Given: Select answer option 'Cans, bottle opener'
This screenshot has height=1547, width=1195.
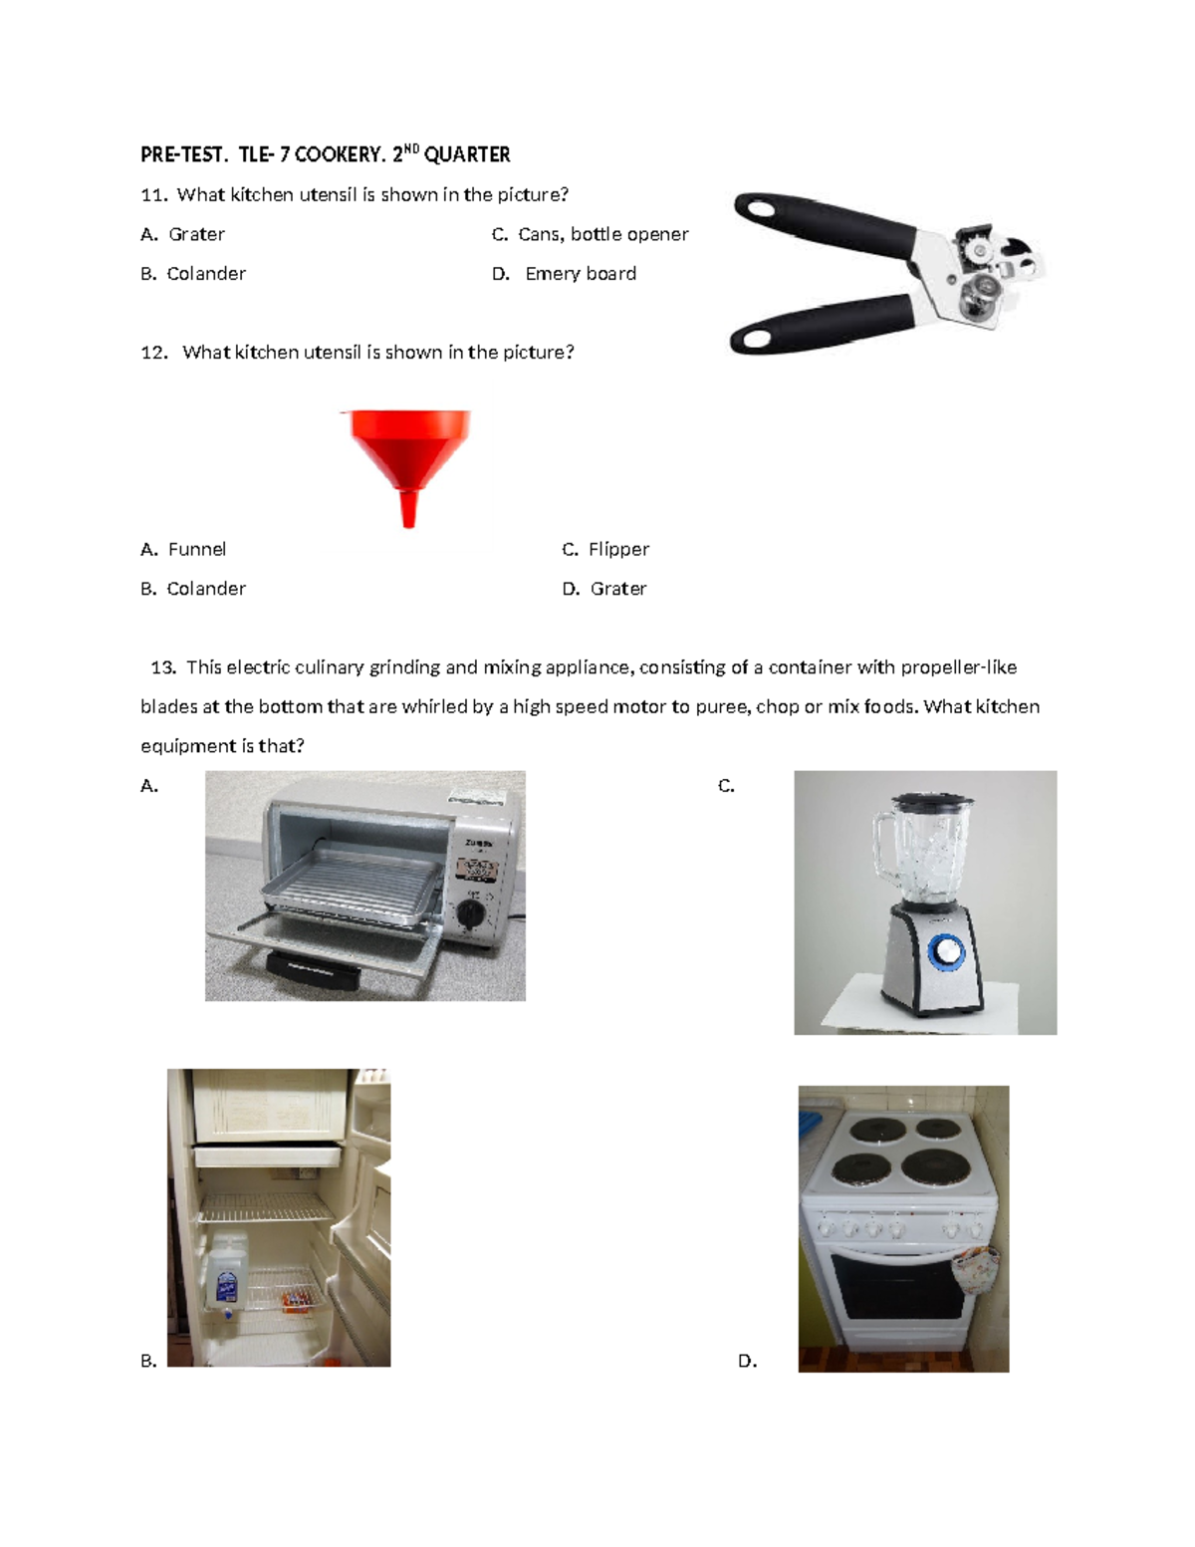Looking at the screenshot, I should (602, 234).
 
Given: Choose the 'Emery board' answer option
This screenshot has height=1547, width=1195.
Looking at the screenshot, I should (581, 274).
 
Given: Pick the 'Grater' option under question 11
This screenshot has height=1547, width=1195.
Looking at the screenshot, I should (196, 234).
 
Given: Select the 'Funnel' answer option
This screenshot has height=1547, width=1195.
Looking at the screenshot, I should (196, 549).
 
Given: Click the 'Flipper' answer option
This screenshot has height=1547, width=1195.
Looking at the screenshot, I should (618, 549).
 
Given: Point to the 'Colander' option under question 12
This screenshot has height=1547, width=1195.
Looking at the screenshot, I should (205, 589).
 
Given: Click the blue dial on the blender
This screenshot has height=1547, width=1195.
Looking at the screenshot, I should (945, 952).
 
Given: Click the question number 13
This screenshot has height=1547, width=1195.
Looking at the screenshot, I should (162, 667).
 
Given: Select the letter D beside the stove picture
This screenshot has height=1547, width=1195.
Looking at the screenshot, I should (747, 1361).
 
